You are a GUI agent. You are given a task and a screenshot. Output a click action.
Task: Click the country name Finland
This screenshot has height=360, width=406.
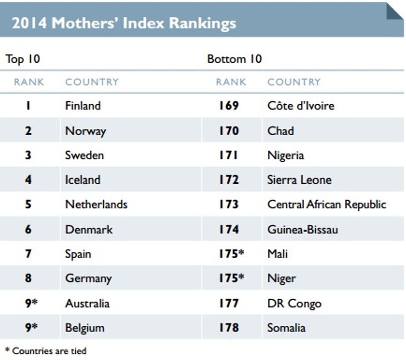pos(83,106)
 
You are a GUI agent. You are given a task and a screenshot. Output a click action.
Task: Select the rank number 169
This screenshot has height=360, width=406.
pos(229,106)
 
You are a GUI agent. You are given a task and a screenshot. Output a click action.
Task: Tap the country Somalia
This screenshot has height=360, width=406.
pos(286,328)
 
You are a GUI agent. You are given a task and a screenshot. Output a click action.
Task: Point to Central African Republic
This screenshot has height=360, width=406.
pos(327,204)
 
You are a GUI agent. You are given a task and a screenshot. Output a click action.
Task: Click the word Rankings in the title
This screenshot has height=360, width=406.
pos(202,23)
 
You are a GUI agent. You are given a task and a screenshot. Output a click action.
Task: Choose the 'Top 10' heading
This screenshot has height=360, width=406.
pos(23,59)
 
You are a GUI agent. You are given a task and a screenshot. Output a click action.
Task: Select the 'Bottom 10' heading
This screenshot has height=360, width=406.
pos(235,59)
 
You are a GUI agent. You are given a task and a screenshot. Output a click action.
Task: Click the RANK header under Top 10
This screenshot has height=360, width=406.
pos(29,82)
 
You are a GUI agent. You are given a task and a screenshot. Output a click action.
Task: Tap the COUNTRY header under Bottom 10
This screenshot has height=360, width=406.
pos(294,82)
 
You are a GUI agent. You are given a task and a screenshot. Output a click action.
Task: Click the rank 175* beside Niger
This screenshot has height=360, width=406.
pos(232,278)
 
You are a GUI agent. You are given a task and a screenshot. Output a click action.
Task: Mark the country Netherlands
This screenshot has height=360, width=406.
pos(96,204)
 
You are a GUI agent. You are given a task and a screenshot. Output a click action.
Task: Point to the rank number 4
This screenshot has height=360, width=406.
pos(28,179)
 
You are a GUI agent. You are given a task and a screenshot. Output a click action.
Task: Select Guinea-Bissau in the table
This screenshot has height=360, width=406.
pos(303,230)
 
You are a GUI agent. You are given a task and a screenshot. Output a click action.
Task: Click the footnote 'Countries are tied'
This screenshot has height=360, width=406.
pos(49,351)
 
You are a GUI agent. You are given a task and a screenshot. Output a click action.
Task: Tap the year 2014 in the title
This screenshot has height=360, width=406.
pos(29,23)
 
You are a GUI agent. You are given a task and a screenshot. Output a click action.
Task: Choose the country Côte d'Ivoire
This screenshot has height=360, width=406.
pos(301,106)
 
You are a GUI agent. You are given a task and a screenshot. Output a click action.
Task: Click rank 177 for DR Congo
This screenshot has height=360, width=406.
pos(229,303)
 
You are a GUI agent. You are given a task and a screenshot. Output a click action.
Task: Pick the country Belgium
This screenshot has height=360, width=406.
pos(85,328)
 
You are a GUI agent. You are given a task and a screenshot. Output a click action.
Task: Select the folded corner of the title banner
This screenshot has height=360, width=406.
pos(395,12)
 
